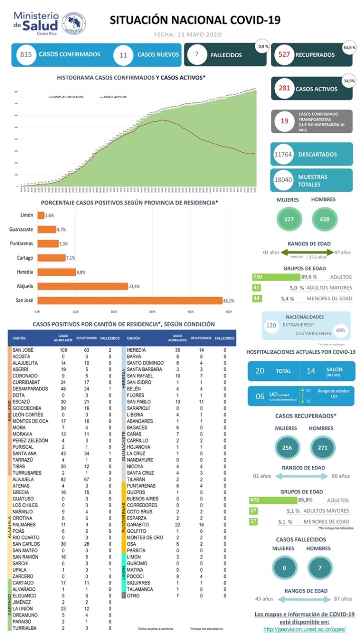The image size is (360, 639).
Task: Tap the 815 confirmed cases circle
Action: pos(25,55)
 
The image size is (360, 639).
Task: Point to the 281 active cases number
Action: pos(285,89)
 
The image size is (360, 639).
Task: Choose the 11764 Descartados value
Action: pos(283,154)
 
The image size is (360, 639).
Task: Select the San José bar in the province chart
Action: pos(130,301)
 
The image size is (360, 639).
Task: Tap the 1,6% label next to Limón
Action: pos(49,215)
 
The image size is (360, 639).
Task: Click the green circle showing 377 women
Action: pos(289,219)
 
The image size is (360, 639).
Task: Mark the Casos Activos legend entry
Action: pos(115,97)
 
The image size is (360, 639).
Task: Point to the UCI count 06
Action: pos(260,396)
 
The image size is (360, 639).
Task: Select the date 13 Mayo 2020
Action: pos(188,35)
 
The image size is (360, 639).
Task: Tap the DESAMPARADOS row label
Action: pos(30,389)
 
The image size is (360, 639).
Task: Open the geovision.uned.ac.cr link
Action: pos(304,629)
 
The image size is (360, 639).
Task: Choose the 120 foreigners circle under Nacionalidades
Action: pos(271,325)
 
